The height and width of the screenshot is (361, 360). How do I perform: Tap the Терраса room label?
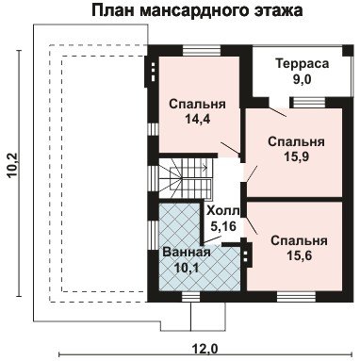[303, 64]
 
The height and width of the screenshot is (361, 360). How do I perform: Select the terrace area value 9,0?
[302, 79]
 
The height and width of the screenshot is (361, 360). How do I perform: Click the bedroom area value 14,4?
[197, 119]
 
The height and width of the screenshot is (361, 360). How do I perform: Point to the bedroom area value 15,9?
[297, 156]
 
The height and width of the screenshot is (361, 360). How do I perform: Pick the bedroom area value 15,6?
[299, 255]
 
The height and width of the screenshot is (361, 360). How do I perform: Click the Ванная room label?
[187, 253]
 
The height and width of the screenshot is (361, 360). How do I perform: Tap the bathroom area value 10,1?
[187, 268]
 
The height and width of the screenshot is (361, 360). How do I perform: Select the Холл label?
[222, 211]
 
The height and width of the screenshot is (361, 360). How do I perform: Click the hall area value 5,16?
[223, 226]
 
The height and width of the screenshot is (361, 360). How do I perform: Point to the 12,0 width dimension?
[205, 349]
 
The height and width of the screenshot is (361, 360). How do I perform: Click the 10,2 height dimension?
[14, 166]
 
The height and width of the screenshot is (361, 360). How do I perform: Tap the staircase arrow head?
[205, 168]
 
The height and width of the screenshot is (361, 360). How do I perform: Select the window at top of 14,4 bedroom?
[202, 51]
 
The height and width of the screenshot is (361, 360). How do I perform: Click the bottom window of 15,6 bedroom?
[296, 297]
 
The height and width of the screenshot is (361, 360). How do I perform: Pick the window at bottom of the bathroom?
[191, 297]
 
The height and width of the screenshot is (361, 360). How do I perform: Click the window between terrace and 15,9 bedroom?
[307, 103]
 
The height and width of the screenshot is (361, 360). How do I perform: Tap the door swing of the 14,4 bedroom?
[231, 149]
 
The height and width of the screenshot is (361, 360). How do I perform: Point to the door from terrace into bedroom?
[277, 112]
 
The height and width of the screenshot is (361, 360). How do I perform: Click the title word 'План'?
[113, 10]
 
